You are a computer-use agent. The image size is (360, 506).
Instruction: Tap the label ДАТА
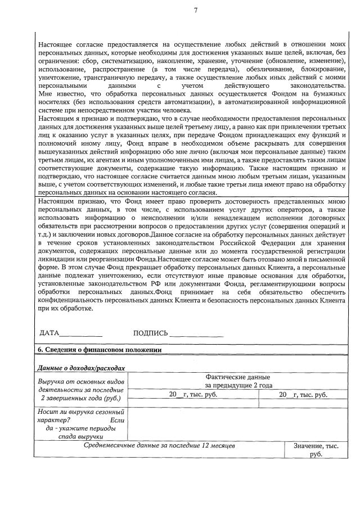click(x=49, y=333)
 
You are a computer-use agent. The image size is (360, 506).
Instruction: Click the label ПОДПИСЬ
click(x=150, y=333)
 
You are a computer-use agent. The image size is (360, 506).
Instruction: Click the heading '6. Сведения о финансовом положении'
click(x=99, y=349)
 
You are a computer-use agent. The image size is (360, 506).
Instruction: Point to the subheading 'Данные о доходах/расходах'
click(x=80, y=368)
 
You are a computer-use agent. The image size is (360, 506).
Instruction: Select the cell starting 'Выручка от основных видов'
click(x=81, y=390)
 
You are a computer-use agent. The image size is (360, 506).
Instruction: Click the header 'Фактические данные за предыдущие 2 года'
click(x=238, y=381)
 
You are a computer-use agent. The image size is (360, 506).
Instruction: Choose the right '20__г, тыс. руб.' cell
click(x=303, y=395)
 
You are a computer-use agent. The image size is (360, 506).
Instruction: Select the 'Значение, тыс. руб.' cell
click(x=316, y=449)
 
